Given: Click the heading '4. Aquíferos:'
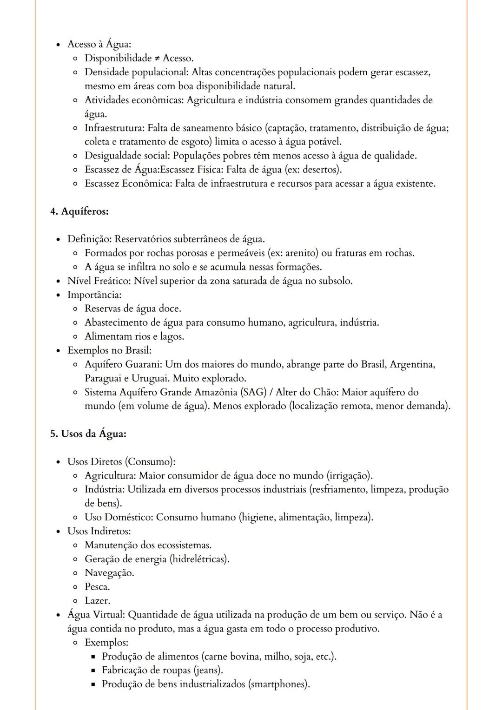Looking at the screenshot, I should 79,211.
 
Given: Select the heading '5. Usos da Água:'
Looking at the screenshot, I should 88,434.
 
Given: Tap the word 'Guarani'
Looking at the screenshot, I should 143,364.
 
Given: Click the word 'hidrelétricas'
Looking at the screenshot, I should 199,559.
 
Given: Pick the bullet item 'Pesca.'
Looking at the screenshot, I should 97,587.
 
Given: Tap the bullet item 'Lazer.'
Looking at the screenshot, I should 97,601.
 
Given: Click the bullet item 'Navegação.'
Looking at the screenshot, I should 109,573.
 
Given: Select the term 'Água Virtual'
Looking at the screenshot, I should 96,615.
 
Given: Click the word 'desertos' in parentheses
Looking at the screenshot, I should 321,170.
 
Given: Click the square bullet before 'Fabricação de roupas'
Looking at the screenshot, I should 93,671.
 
